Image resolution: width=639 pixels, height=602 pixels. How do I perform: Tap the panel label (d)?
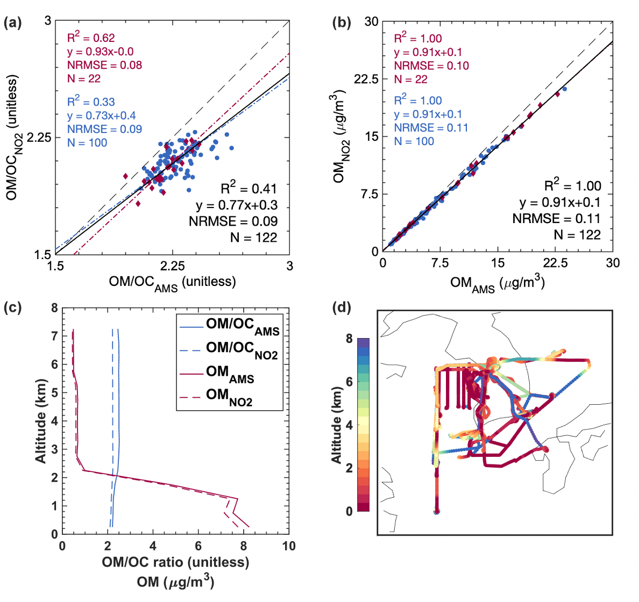point(342,308)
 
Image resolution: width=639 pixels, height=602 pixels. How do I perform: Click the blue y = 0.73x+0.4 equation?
point(102,116)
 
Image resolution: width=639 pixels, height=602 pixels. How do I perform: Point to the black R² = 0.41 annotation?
point(249,189)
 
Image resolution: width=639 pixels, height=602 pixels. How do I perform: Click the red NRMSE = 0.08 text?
point(104,66)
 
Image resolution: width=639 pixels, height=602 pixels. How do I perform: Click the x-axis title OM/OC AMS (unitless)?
point(172,282)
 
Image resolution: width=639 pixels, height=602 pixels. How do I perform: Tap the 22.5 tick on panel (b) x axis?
point(555,263)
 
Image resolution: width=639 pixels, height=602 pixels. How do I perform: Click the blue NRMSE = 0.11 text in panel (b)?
point(431,128)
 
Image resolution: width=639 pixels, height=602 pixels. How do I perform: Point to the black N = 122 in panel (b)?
point(577,235)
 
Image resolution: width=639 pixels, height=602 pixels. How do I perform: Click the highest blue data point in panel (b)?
point(564,89)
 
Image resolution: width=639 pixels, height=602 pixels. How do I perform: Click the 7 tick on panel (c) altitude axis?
point(54,336)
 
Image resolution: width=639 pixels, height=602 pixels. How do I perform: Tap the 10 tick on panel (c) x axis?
point(289,547)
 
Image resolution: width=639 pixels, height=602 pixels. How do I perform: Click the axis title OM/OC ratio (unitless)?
point(175,562)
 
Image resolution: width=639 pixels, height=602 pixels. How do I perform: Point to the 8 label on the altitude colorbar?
point(349,339)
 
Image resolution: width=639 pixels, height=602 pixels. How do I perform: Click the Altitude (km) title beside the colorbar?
point(337,425)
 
